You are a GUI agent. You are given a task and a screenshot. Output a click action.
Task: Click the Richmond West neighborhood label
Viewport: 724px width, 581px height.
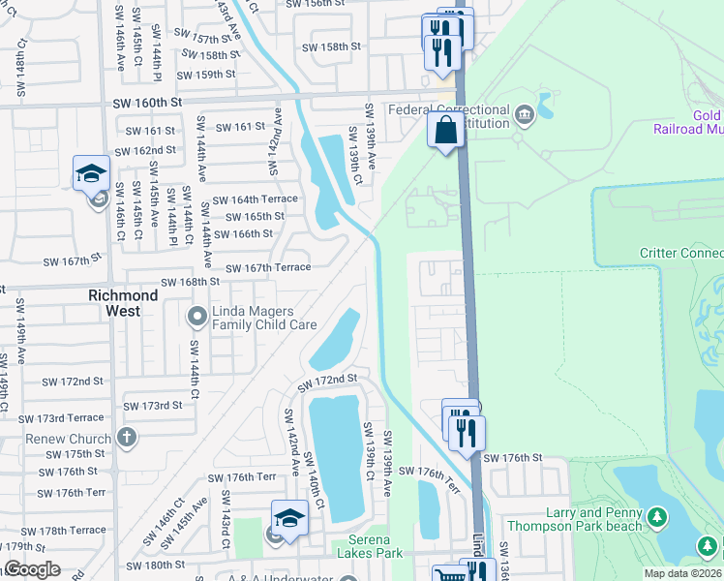click(123, 302)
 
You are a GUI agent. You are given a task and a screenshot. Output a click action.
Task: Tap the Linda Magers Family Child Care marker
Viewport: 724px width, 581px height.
click(197, 316)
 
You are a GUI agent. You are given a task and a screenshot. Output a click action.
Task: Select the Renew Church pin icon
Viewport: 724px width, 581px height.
click(125, 438)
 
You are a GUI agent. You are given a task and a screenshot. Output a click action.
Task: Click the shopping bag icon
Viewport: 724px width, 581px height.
click(445, 131)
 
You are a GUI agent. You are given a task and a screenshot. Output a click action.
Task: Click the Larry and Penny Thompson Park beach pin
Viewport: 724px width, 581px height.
click(657, 518)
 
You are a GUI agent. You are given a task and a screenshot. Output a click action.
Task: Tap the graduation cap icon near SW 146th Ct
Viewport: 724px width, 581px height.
click(91, 174)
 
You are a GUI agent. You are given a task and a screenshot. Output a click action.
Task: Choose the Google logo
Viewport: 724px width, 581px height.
click(32, 569)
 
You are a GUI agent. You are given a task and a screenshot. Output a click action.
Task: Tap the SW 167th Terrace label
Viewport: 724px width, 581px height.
click(268, 268)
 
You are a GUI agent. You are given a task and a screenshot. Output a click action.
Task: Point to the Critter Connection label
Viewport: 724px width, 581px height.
click(681, 254)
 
